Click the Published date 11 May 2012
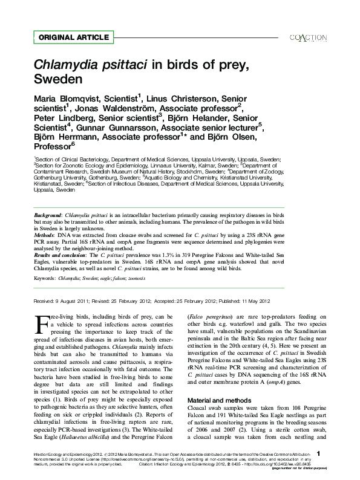point(251,301)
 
